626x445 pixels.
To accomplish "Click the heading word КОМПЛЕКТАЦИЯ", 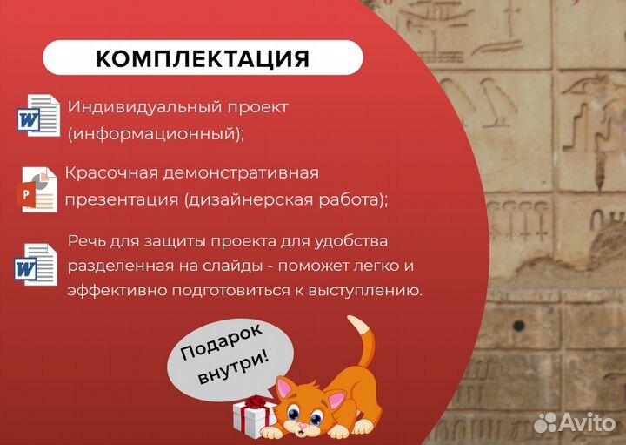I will coord(202,58).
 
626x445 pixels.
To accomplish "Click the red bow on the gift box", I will coord(255,402).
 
